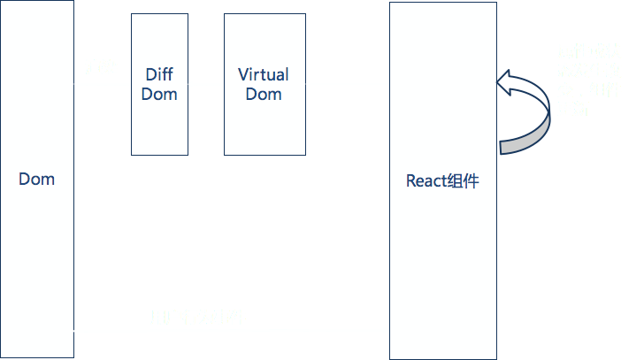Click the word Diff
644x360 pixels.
(159, 75)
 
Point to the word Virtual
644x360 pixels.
(264, 75)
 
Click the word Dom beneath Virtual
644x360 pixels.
(264, 95)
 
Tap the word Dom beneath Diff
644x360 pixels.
(160, 94)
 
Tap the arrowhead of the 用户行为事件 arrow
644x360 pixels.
(386, 331)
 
